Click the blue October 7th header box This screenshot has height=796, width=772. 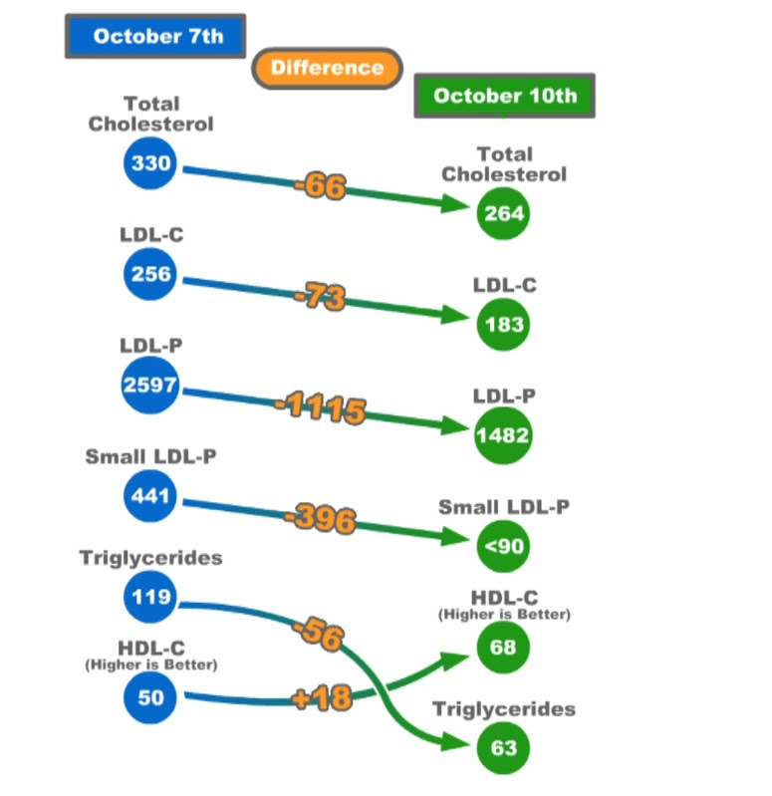[x=156, y=36]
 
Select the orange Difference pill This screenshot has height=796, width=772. [x=327, y=68]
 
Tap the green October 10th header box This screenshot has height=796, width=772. [x=504, y=96]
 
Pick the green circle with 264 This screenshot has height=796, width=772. [x=503, y=212]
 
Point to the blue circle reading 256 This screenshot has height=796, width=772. [x=149, y=273]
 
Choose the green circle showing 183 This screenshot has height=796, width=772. [x=503, y=324]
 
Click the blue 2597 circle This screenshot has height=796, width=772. [x=149, y=384]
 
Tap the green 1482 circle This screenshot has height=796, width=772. [x=503, y=435]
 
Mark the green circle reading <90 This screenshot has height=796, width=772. [x=503, y=545]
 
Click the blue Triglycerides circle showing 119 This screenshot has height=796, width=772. [x=149, y=600]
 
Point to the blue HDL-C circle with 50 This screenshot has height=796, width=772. [x=149, y=696]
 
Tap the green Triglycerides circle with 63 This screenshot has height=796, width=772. [x=503, y=746]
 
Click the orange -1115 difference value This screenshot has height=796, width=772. [x=321, y=408]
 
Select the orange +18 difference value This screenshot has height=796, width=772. [x=323, y=697]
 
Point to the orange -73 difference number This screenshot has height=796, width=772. [x=320, y=297]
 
